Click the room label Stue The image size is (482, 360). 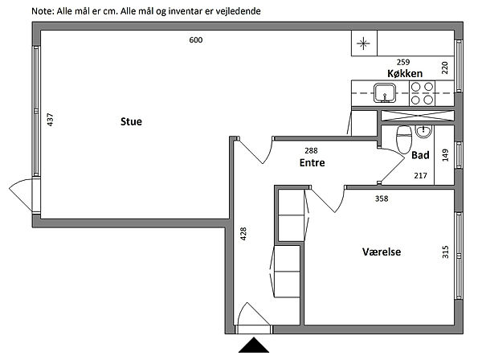[131, 122]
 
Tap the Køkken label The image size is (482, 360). [405, 73]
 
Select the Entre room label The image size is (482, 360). [312, 163]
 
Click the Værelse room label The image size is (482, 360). [382, 252]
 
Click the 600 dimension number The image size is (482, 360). [196, 40]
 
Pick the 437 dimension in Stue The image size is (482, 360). [51, 121]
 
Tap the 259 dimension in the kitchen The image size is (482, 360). [405, 62]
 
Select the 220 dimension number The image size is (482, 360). [443, 67]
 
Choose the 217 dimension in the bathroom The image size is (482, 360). [419, 175]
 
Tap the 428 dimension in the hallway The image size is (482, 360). [243, 234]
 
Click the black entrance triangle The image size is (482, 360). [256, 348]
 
